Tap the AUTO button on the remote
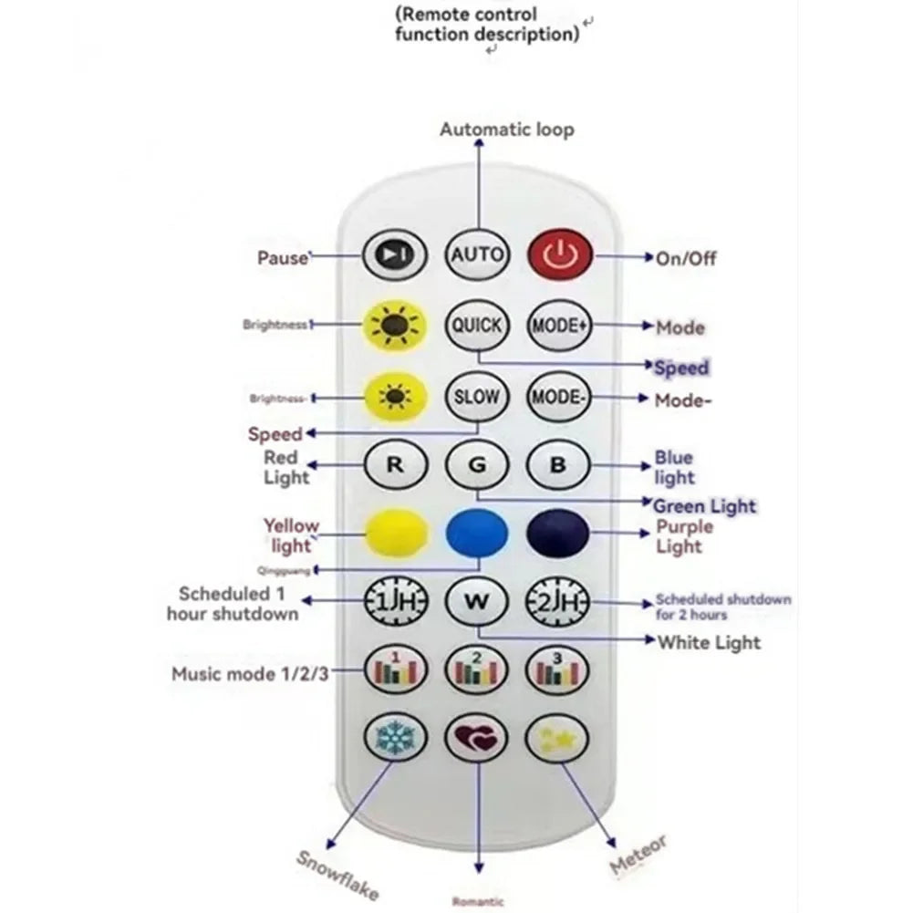[x=477, y=253]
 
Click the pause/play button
[x=395, y=254]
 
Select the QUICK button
[x=477, y=325]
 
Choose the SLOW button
[x=477, y=397]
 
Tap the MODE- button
[x=558, y=397]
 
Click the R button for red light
[x=395, y=464]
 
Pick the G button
[x=477, y=464]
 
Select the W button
[x=477, y=601]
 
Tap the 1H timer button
[x=395, y=601]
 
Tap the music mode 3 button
[x=558, y=670]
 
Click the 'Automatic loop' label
[x=507, y=130]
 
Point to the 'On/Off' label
[x=686, y=258]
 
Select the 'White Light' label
[x=709, y=642]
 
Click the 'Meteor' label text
[x=639, y=853]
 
